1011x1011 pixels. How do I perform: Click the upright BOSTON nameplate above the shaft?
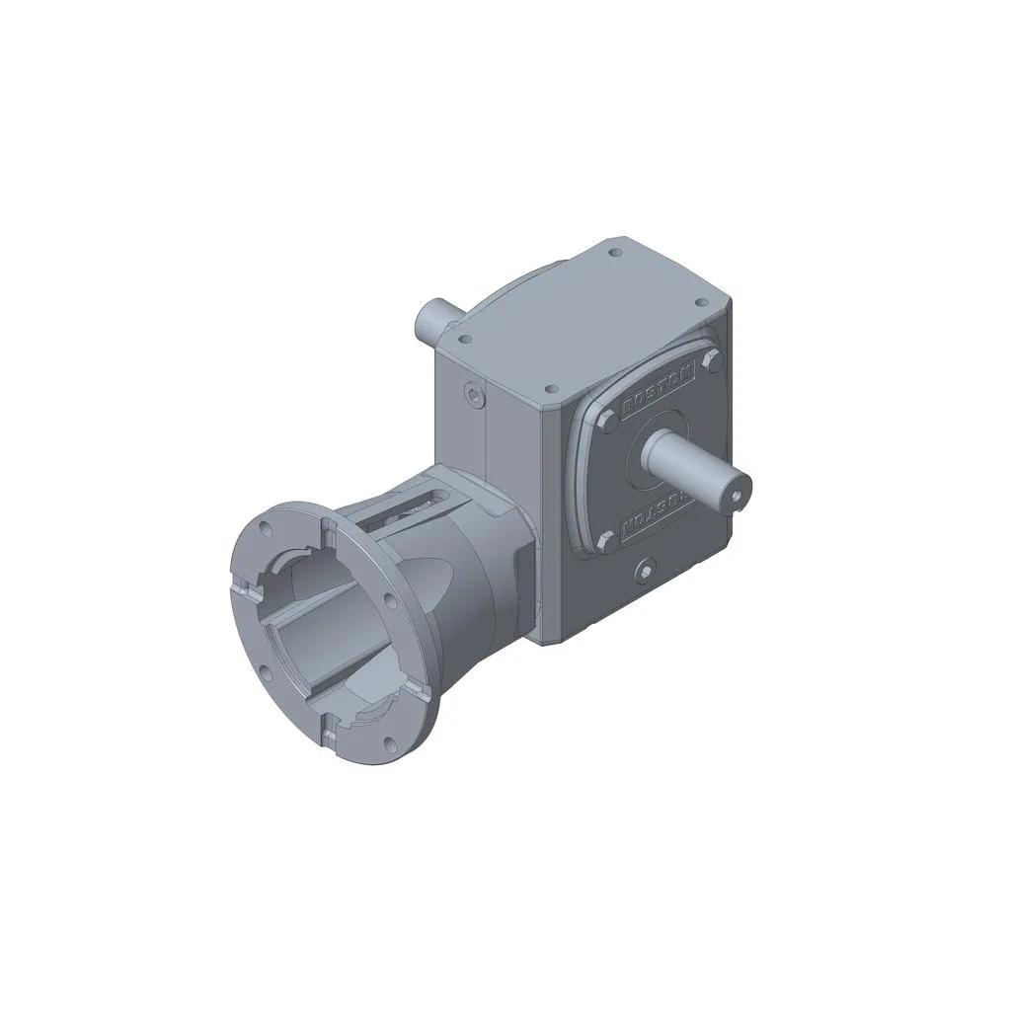[x=659, y=385]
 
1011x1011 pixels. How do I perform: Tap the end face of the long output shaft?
[x=736, y=486]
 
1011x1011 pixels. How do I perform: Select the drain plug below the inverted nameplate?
[x=645, y=570]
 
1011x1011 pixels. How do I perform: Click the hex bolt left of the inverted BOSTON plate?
[x=606, y=539]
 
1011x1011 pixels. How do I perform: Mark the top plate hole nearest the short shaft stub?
[x=463, y=338]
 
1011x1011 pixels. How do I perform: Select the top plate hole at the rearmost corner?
[x=616, y=253]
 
